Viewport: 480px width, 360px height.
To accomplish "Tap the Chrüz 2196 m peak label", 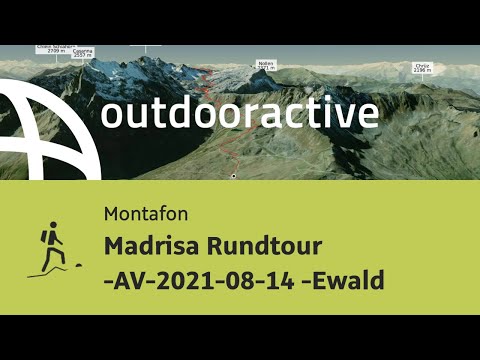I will point(424,68).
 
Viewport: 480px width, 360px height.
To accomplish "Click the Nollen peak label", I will point(265,63).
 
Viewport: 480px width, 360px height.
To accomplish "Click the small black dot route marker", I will point(233,176).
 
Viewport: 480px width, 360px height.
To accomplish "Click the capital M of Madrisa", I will point(113,246).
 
